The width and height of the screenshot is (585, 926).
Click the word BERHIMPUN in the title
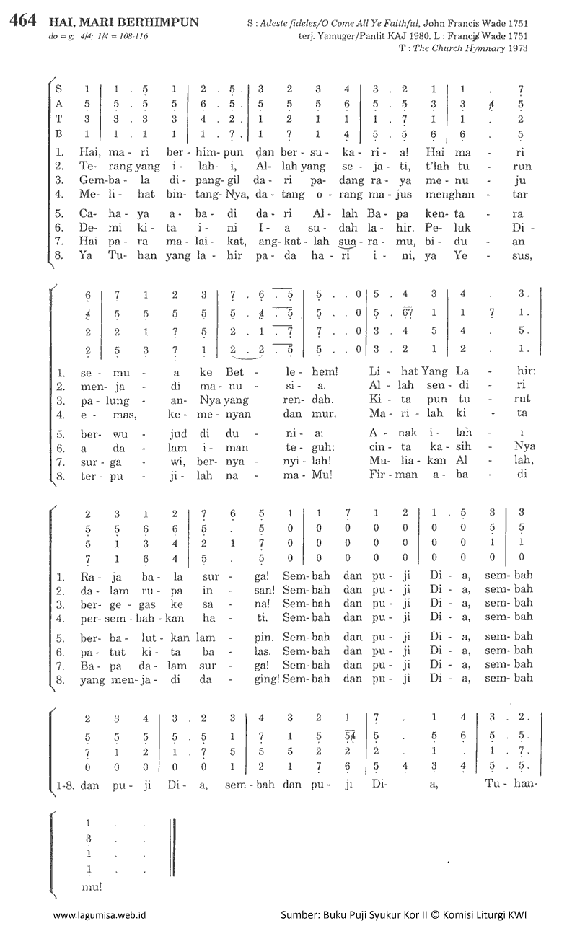157,22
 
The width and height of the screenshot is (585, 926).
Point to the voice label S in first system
59,89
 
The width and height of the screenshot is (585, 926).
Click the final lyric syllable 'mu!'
92,886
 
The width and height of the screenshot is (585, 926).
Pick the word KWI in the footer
516,914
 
